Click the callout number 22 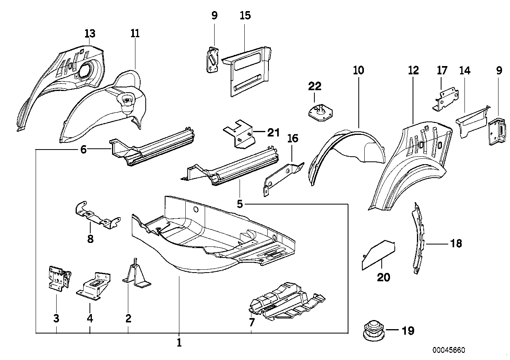(315, 86)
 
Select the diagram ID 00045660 (448, 351)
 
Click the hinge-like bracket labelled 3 (58, 279)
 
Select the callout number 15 (245, 16)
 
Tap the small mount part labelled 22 (320, 111)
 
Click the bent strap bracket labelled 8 (96, 216)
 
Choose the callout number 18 (456, 243)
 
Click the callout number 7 (252, 322)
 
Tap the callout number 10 (358, 71)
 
